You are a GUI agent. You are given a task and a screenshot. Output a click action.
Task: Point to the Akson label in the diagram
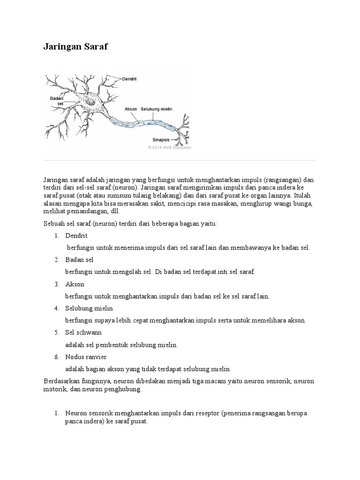point(131,109)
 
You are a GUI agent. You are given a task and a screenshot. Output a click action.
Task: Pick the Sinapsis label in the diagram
point(160,139)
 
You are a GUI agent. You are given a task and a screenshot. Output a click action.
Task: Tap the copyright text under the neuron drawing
point(169,147)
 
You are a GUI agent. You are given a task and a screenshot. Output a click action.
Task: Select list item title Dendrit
point(76,236)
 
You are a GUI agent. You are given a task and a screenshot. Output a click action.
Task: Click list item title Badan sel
point(80,260)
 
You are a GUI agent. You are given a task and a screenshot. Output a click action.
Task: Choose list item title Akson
point(75,285)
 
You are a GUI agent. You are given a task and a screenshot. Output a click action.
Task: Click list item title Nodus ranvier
point(85,357)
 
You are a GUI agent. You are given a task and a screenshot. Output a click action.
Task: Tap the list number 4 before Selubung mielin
point(56,308)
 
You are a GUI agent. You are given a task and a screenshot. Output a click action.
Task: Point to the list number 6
point(56,357)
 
